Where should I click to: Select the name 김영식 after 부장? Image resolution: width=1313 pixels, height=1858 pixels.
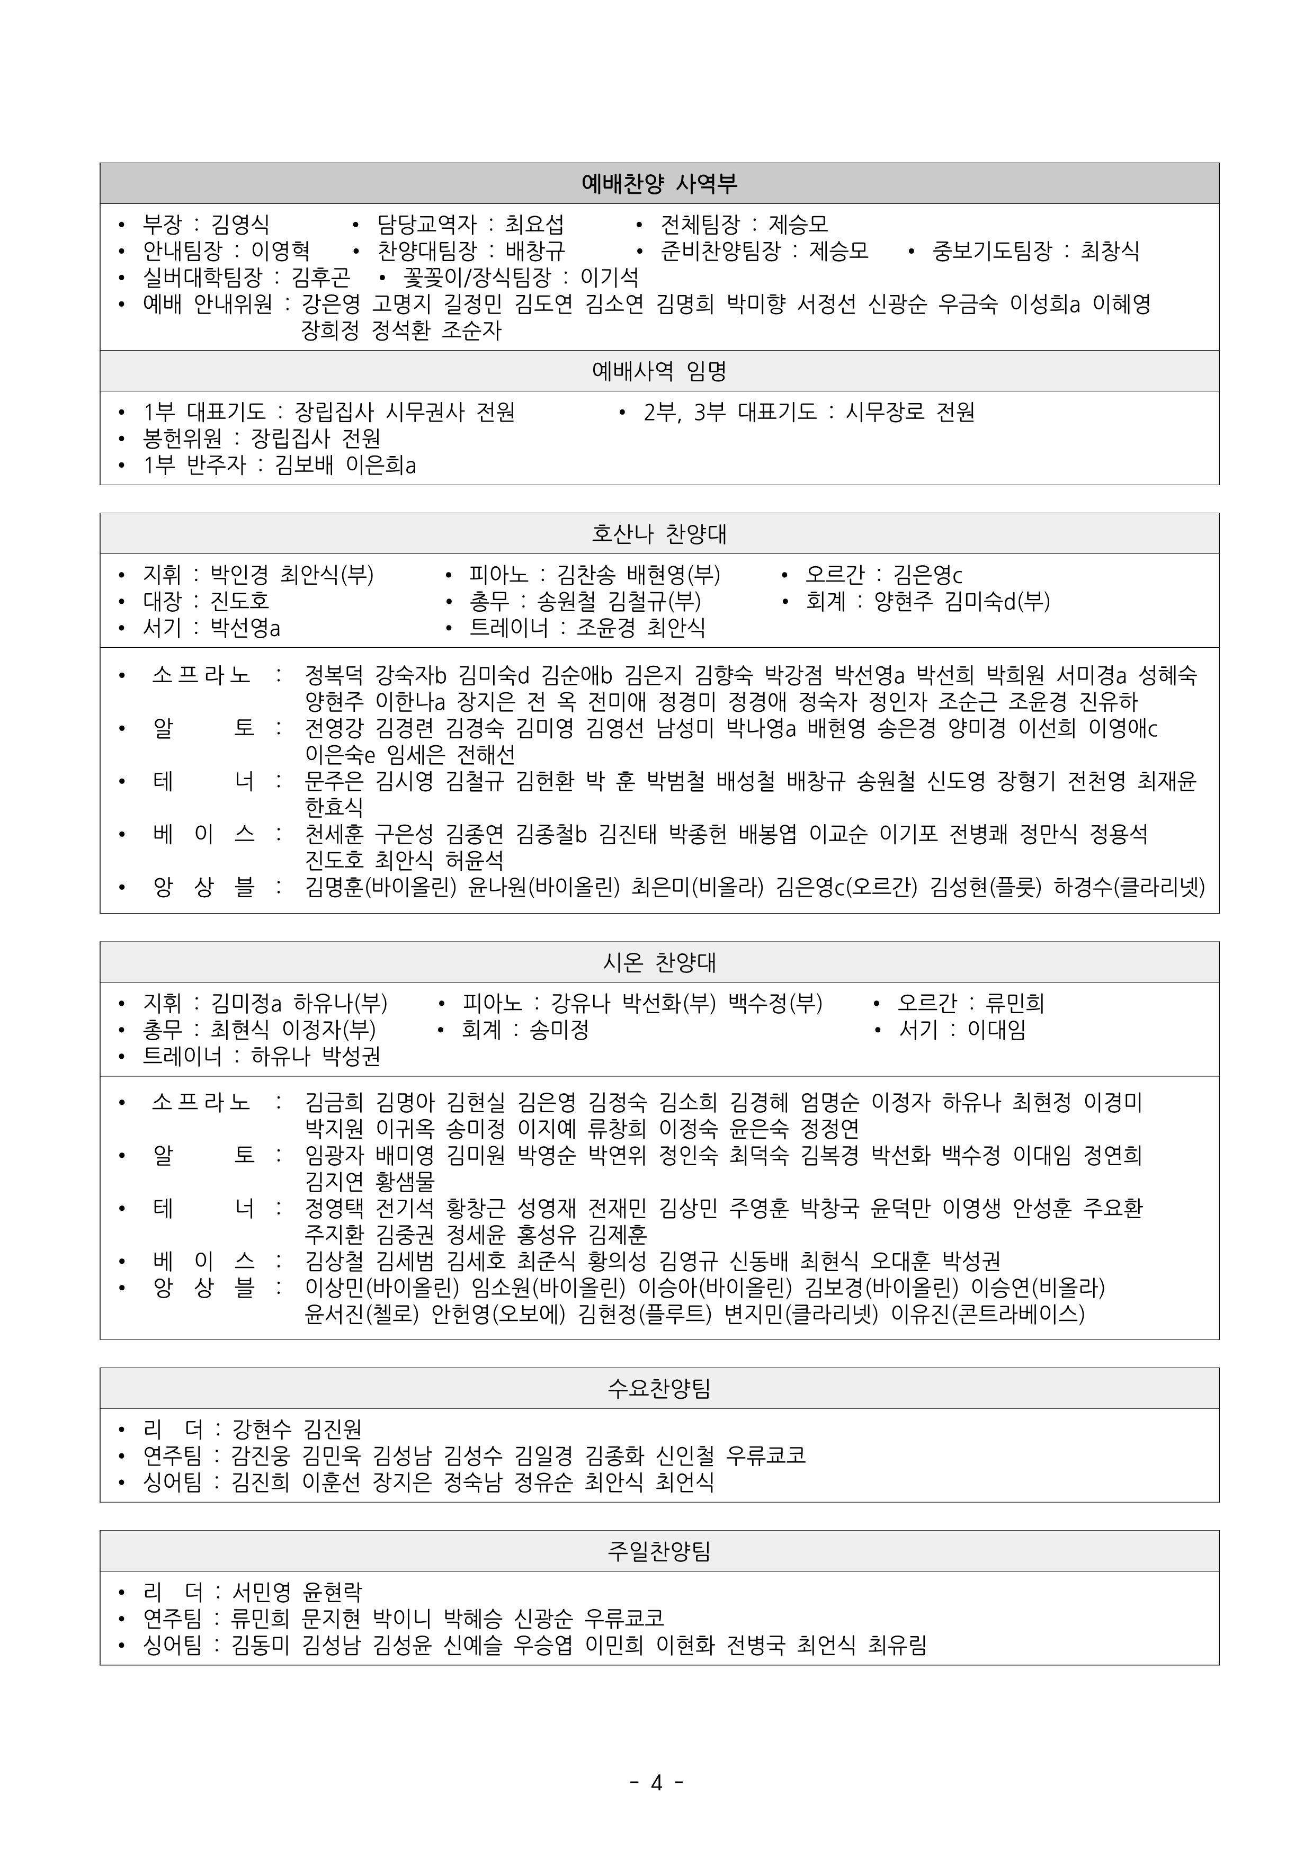click(240, 224)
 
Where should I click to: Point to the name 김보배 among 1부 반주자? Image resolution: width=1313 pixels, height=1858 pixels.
click(303, 466)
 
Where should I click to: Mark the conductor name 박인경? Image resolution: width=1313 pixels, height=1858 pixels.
click(239, 575)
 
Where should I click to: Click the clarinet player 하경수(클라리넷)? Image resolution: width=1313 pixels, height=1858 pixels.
click(1129, 887)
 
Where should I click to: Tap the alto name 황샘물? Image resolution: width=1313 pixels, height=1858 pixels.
click(405, 1182)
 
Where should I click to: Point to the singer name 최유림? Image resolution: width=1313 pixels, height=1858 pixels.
click(896, 1645)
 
